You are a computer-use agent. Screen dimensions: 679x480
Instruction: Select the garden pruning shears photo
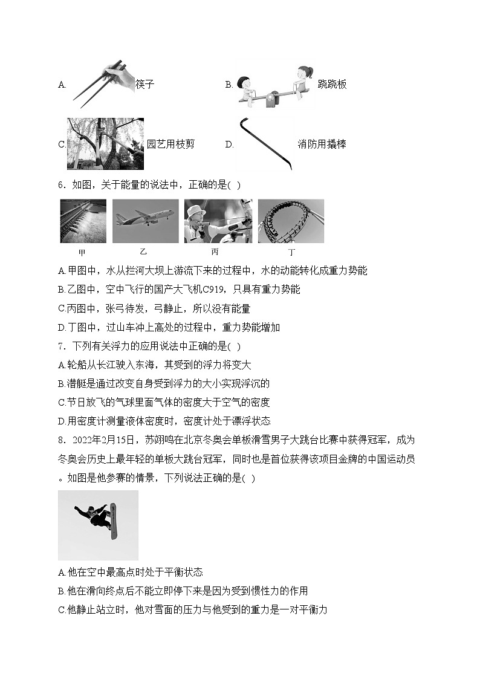point(105,144)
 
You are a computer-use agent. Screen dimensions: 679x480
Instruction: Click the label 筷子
point(145,84)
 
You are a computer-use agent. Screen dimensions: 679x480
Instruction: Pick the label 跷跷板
point(332,84)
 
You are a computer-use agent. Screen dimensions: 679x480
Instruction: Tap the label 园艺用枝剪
point(171,144)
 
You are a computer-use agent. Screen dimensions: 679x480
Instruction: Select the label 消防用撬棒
point(322,144)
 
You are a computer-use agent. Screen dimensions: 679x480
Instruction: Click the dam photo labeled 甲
point(83,221)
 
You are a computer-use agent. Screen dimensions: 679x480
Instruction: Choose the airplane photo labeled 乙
point(146,221)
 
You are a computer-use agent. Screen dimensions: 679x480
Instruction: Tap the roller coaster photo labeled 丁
point(291,221)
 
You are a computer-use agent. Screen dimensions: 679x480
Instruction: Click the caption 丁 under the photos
point(291,252)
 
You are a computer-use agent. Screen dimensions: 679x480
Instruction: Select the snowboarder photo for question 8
point(98,525)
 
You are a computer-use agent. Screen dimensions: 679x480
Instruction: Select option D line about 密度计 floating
point(164,421)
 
